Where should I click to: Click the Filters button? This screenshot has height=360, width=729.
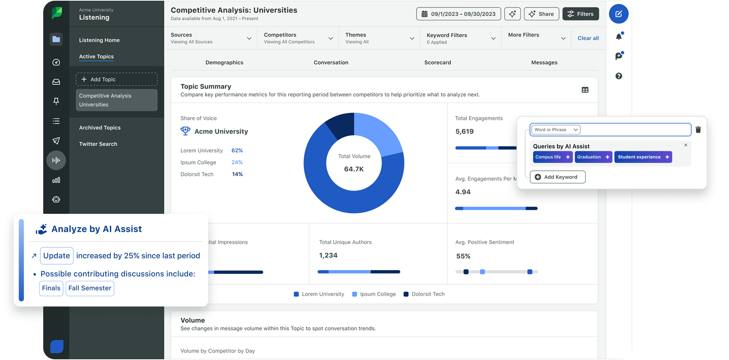(581, 14)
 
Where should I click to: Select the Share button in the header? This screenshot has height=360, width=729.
(541, 14)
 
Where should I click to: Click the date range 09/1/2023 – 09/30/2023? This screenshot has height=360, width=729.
(459, 14)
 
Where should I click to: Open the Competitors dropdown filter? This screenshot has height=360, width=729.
(298, 38)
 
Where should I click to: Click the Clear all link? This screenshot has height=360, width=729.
(588, 38)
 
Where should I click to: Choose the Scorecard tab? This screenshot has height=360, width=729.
(437, 62)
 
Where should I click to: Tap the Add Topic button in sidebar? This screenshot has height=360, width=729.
(117, 79)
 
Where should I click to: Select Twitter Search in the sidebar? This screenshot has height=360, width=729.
(98, 144)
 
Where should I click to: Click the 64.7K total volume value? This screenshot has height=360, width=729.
(354, 169)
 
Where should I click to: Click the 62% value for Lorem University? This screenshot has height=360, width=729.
(237, 150)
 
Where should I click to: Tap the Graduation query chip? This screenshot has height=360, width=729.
(593, 157)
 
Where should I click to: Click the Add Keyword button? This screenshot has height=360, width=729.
(558, 177)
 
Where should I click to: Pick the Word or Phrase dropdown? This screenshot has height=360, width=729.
(555, 130)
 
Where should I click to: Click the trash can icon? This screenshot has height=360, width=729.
(698, 130)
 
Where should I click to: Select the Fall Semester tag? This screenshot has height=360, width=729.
(90, 288)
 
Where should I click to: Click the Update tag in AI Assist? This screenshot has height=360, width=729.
(57, 256)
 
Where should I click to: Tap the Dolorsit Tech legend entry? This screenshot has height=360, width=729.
(424, 294)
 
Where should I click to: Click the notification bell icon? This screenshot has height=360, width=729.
(619, 36)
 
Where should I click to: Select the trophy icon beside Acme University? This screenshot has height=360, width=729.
(185, 131)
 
